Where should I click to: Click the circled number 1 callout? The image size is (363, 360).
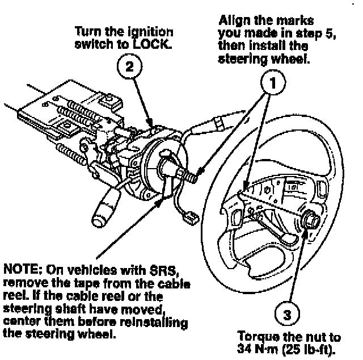273,84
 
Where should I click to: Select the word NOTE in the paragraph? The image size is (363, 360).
19,268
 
